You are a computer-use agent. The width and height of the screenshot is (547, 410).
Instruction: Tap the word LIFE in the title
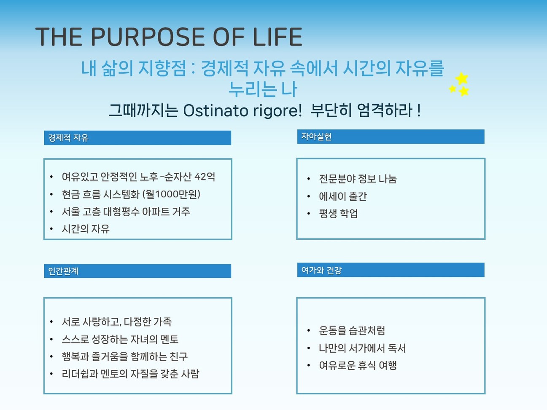tap(278, 37)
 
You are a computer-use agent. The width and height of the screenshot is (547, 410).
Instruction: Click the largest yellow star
tap(462, 78)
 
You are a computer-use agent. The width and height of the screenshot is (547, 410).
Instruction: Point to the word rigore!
tap(278, 111)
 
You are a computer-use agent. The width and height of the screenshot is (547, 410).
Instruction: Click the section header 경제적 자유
tap(68, 138)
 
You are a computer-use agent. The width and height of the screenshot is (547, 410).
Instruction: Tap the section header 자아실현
tap(316, 137)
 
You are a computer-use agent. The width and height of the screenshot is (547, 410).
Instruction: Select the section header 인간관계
tap(63, 271)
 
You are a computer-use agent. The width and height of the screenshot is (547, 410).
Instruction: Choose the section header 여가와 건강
tap(321, 270)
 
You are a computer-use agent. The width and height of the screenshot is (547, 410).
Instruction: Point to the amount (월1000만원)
tap(171, 194)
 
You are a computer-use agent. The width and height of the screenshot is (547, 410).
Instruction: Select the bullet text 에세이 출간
tap(343, 196)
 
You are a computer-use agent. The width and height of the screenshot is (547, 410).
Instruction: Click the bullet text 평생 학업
tap(338, 213)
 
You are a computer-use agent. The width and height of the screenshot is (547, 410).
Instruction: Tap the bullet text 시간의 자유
tap(86, 229)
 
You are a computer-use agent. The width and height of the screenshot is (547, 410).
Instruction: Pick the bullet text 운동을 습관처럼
tap(352, 330)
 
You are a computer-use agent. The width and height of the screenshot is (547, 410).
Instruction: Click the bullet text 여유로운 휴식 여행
tap(358, 365)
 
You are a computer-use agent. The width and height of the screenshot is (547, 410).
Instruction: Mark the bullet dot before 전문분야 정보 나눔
tap(309, 179)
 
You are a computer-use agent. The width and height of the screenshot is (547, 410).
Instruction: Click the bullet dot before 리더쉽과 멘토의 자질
tap(51, 374)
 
